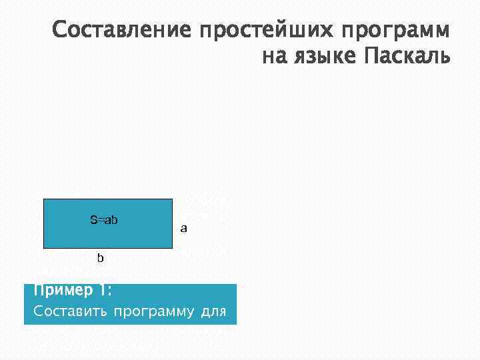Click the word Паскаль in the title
pos(407,57)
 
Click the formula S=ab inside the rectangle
pos(104,220)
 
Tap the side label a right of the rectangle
pos(184,229)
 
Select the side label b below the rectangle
pos(101,258)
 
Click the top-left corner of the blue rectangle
pos(43,199)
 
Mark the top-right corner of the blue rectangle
pos(173,199)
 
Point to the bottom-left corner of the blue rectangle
pos(43,248)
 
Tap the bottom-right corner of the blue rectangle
pos(173,248)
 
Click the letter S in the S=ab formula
pos(93,220)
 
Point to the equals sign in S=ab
pos(101,220)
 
